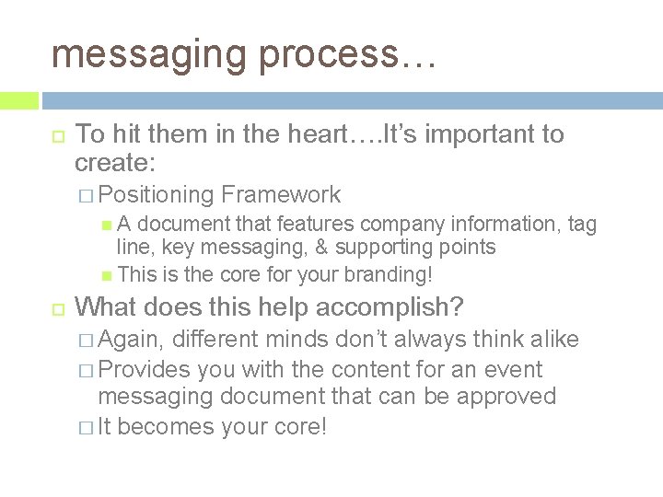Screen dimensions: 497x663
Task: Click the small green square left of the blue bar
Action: [x=19, y=100]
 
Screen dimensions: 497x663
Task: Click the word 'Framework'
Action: [x=281, y=195]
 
